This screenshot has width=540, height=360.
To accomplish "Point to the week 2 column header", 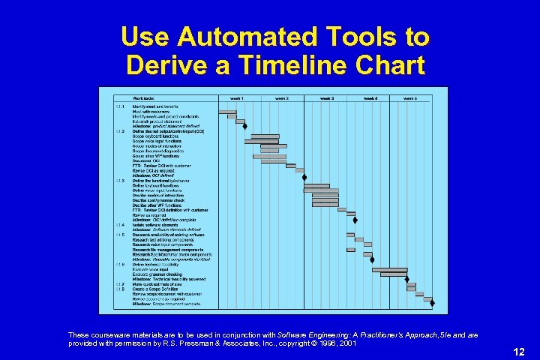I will pyautogui.click(x=282, y=98).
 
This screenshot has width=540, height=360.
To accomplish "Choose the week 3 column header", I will pyautogui.click(x=327, y=98).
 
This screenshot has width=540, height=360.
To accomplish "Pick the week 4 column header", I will pyautogui.click(x=371, y=98).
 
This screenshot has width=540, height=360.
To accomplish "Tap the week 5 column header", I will pyautogui.click(x=410, y=98).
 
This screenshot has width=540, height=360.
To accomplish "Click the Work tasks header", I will pyautogui.click(x=144, y=98).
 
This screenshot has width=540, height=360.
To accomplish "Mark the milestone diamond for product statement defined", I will pyautogui.click(x=245, y=126).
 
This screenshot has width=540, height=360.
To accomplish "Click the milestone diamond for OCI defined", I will pyautogui.click(x=304, y=177).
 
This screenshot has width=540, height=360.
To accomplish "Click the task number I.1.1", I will pyautogui.click(x=120, y=107).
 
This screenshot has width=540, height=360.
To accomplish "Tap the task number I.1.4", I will pyautogui.click(x=120, y=225).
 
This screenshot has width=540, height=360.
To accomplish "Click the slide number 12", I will pyautogui.click(x=518, y=352).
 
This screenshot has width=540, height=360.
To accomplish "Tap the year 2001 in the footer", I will pyautogui.click(x=347, y=343).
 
